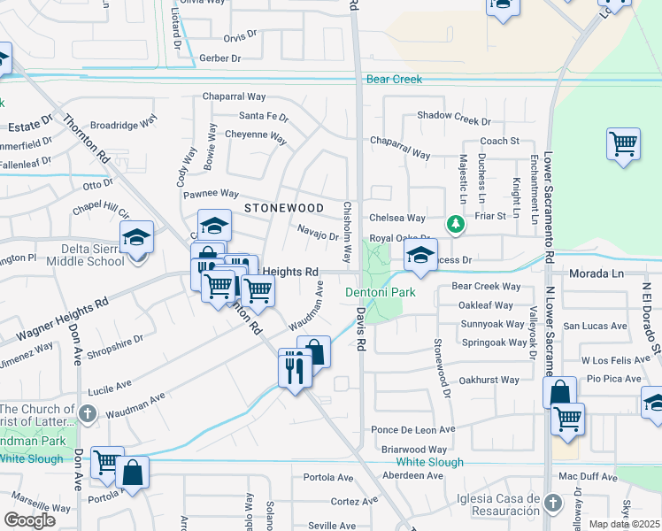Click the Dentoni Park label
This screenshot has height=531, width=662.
380,291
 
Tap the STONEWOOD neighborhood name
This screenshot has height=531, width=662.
284,207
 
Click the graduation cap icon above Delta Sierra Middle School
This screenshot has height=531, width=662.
136,238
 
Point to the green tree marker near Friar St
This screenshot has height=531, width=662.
455,225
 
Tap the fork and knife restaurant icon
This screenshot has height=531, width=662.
295,366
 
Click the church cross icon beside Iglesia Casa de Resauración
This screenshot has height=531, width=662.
552,504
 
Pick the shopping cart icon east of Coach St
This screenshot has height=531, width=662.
623,144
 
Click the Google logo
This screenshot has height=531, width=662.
29,519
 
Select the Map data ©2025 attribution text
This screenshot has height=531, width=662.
624,524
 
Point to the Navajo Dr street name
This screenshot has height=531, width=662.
318,236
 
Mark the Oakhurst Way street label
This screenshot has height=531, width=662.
489,380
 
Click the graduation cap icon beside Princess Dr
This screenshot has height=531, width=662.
421,258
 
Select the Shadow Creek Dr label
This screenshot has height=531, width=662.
453,116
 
